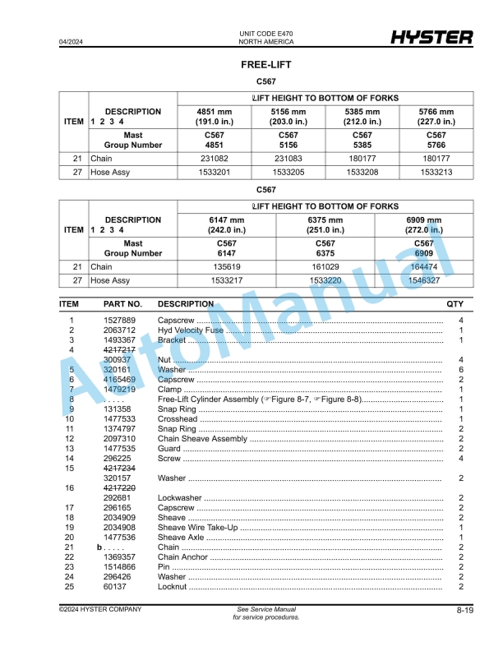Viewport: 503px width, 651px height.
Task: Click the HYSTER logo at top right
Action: (431, 38)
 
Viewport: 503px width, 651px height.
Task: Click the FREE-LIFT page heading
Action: (265, 64)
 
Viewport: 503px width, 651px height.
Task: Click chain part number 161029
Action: (325, 267)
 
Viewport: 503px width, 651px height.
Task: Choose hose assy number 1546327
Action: (423, 280)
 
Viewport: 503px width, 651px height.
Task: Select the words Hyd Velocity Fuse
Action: (191, 330)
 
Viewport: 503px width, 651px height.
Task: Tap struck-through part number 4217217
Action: (119, 350)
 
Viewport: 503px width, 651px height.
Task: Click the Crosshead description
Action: (178, 419)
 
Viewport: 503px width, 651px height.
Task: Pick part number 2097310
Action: (119, 439)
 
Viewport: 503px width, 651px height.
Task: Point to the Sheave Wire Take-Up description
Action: (197, 528)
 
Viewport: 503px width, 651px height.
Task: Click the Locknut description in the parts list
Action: (173, 587)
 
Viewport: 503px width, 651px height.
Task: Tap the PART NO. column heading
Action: (122, 304)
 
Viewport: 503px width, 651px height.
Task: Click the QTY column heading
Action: (455, 304)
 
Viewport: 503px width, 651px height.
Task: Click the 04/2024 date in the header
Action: (72, 41)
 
